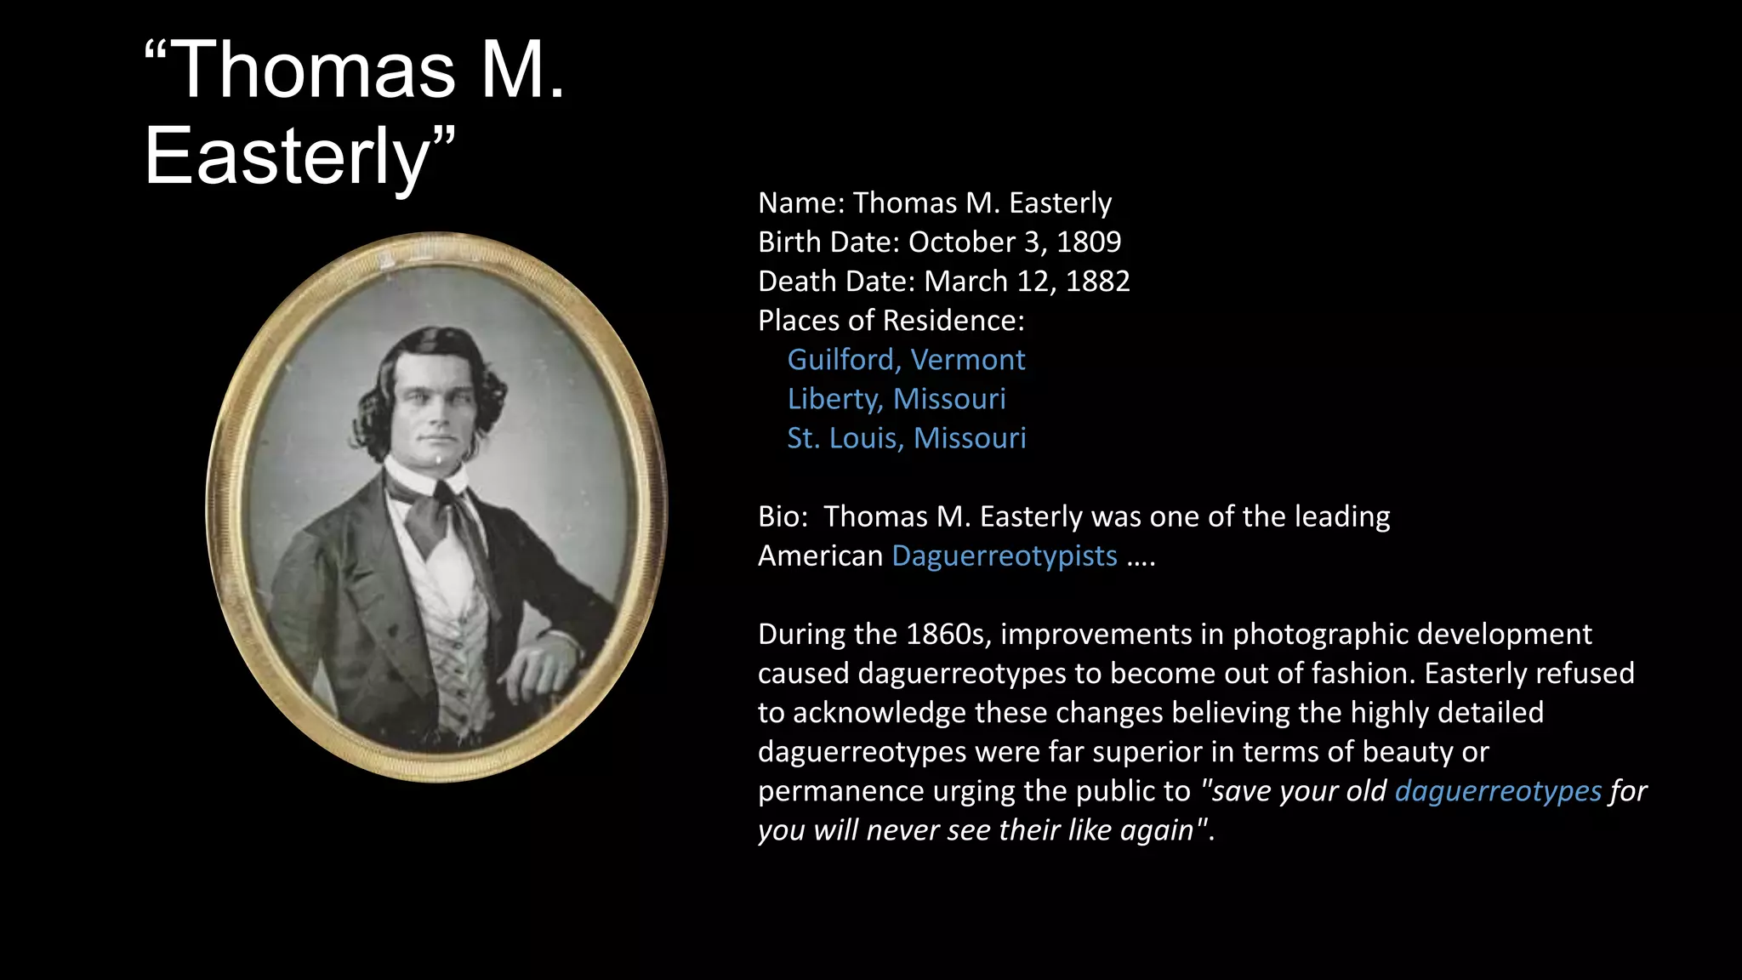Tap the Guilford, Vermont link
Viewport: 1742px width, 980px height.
coord(906,360)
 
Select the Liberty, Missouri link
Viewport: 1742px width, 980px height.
coord(897,399)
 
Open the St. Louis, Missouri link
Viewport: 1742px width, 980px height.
coord(907,438)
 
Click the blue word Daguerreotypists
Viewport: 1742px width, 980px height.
coord(1005,556)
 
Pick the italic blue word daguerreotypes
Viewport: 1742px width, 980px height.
coord(1498,791)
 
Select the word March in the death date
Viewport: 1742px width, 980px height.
coord(965,282)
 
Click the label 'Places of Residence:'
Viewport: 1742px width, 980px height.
coord(891,321)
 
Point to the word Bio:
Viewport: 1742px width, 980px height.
coord(783,517)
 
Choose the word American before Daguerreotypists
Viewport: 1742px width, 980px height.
coord(820,556)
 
